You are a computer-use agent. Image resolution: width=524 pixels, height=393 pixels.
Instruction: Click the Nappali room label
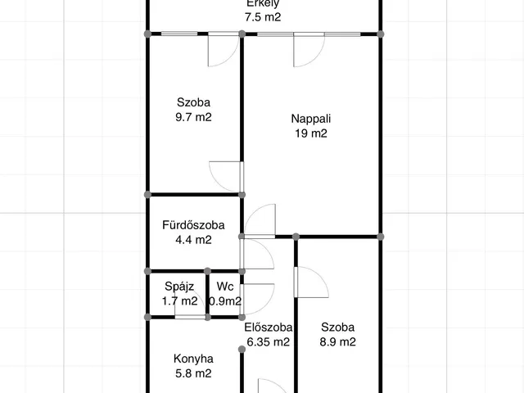coord(311,119)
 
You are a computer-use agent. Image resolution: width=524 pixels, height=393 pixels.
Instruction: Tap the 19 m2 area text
coord(311,133)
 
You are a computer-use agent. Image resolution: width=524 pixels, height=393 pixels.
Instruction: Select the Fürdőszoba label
coord(193,225)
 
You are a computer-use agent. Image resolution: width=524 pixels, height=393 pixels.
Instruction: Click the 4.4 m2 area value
coord(193,240)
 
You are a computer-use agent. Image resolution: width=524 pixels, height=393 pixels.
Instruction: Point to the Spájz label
coord(179,287)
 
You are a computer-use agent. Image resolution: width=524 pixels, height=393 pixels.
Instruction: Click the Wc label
coord(225,287)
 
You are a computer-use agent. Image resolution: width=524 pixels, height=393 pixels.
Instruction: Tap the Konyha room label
coord(193,359)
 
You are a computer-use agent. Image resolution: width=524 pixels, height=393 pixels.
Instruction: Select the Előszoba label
coord(269,327)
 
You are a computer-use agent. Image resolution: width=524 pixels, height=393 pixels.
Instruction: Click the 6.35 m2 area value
coord(269,342)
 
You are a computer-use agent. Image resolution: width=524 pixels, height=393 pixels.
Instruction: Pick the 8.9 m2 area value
coord(337,342)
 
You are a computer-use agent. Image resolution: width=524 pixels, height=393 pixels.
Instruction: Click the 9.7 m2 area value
coord(193,117)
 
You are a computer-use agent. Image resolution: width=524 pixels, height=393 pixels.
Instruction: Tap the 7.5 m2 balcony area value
coord(263,17)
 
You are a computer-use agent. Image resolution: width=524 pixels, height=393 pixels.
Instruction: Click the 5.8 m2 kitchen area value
coord(193,373)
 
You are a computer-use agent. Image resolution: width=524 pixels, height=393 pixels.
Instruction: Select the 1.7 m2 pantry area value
coord(180,301)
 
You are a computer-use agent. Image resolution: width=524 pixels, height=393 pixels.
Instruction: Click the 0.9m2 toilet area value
coord(225,301)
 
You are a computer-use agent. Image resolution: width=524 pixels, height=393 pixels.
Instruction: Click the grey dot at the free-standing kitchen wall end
coord(242,350)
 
